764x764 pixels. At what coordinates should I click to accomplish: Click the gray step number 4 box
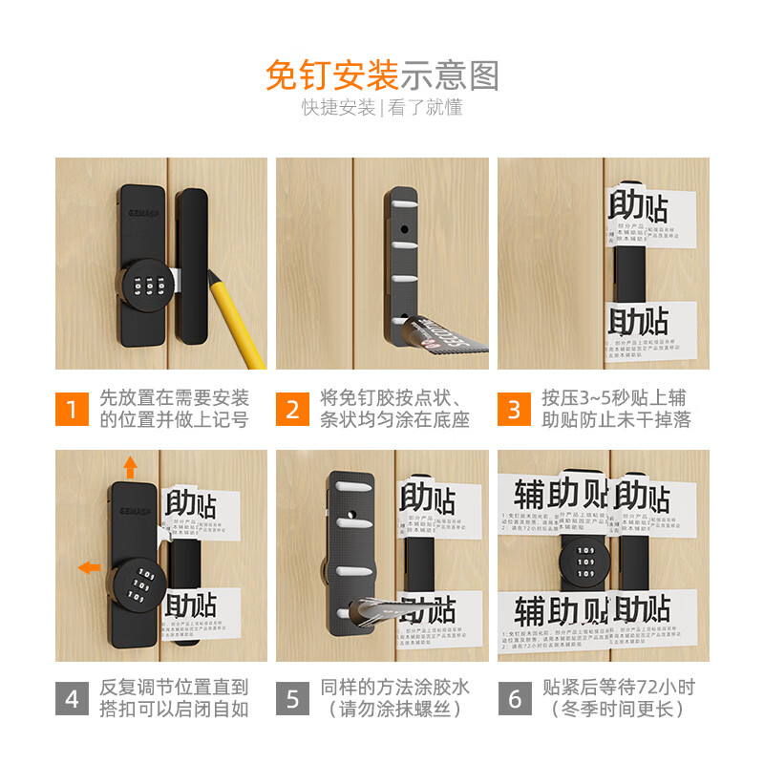tap(72, 699)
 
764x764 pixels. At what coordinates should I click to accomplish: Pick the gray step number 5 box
tap(292, 699)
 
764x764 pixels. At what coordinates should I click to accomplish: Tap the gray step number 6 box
tap(514, 699)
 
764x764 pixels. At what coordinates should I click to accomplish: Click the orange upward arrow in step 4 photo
tap(130, 467)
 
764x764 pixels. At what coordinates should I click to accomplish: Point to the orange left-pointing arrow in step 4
tap(88, 567)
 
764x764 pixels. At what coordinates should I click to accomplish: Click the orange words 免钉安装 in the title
tap(331, 74)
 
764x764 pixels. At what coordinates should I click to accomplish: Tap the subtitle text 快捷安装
tap(339, 107)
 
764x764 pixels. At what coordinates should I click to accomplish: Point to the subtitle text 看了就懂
tap(425, 107)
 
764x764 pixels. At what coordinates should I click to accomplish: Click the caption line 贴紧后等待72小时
tap(620, 687)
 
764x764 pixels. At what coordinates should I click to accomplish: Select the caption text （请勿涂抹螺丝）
tap(396, 710)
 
